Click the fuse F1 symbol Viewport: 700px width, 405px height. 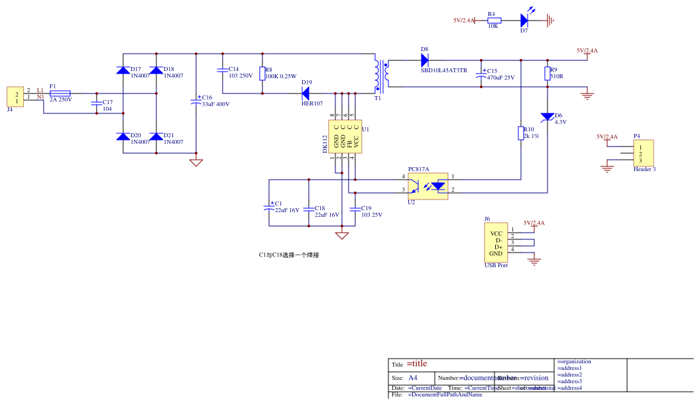tap(60, 93)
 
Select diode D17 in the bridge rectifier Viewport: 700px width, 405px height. tap(123, 70)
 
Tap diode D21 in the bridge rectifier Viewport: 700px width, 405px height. tap(156, 137)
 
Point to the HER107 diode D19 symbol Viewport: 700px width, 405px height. tap(306, 93)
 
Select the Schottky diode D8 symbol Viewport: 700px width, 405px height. tap(424, 60)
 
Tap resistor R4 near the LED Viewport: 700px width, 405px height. tap(493, 21)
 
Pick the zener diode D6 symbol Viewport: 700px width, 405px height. tap(547, 117)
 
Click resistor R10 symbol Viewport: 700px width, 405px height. tap(521, 133)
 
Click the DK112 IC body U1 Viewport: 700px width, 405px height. tap(345, 137)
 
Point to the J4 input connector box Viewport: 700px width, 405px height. tap(15, 97)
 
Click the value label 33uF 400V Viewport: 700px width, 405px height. tap(215, 104)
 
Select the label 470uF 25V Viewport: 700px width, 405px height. tap(500, 78)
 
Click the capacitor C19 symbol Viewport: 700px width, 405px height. tap(355, 210)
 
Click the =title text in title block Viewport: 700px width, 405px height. tap(417, 363)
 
